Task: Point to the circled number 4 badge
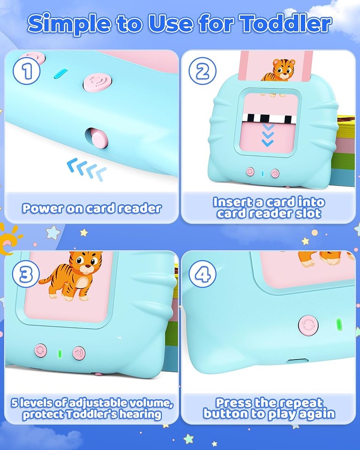click(x=202, y=275)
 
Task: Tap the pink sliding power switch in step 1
click(x=97, y=139)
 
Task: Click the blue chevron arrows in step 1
click(x=86, y=169)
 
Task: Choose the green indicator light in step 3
click(x=59, y=352)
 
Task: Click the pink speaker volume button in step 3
click(x=78, y=352)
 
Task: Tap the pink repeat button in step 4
click(x=307, y=326)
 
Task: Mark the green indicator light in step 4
click(x=338, y=324)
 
